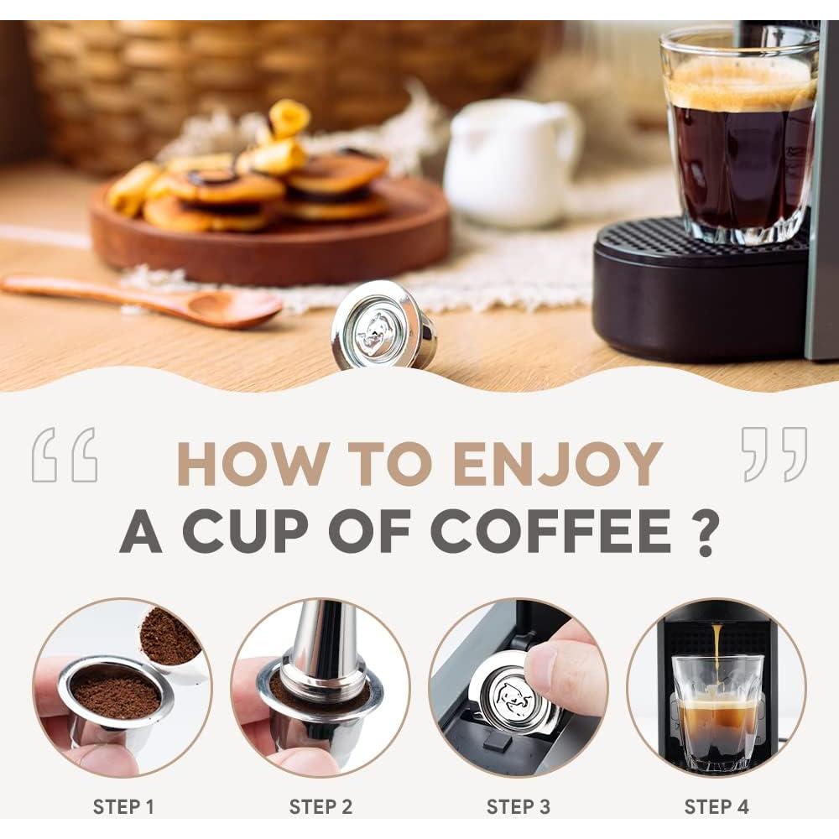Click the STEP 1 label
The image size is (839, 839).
[123, 807]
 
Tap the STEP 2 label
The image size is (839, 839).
[320, 807]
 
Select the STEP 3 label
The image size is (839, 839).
[518, 807]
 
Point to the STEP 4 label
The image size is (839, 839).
[716, 807]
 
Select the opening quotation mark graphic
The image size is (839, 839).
[65, 455]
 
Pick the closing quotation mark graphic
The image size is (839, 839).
[774, 455]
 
